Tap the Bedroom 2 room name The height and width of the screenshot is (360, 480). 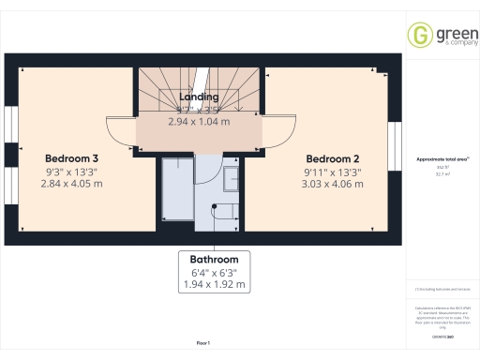click(x=332, y=158)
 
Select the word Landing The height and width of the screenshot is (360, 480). click(x=199, y=97)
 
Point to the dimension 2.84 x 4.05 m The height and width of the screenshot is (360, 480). click(x=71, y=184)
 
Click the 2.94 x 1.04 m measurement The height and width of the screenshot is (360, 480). click(x=199, y=121)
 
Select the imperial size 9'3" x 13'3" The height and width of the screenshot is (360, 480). click(x=71, y=172)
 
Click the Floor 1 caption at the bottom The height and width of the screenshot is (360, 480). click(x=203, y=344)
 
